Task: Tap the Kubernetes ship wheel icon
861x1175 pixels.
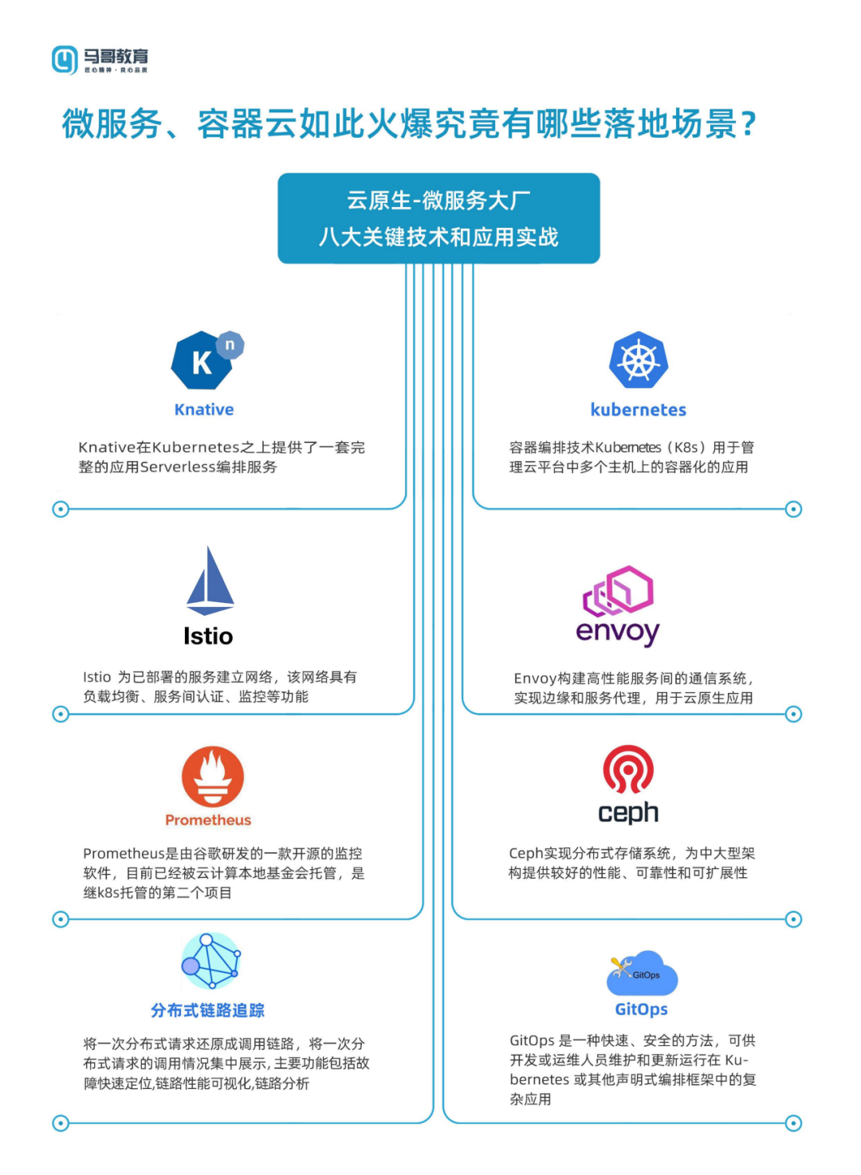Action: click(639, 361)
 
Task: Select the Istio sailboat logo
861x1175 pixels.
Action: click(210, 581)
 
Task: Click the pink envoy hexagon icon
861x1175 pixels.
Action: click(619, 590)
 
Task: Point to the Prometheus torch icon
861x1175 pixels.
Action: click(212, 777)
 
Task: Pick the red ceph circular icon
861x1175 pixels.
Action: click(628, 770)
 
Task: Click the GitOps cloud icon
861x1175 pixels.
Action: click(643, 973)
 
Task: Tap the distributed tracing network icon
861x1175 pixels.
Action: click(210, 962)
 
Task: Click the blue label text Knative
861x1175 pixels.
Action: click(204, 409)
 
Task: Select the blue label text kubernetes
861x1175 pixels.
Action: click(638, 409)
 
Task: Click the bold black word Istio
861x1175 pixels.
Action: click(208, 636)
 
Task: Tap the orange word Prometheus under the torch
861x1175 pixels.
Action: click(208, 820)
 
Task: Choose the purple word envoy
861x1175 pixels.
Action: click(618, 632)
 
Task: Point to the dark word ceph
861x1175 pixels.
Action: click(628, 813)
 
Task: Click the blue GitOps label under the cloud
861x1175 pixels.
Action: click(641, 1009)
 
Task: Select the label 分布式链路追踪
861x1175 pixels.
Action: click(207, 1010)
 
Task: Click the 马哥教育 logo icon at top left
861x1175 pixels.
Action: click(65, 60)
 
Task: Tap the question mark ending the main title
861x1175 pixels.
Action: click(748, 124)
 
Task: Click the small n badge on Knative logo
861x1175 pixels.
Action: click(230, 345)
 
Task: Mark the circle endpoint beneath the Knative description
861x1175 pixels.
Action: click(61, 509)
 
